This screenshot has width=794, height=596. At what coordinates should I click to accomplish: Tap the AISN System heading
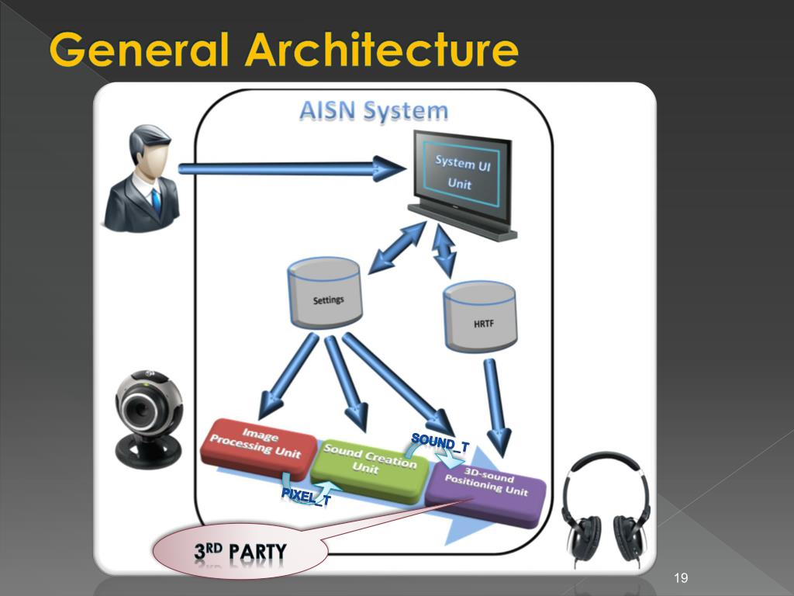click(374, 111)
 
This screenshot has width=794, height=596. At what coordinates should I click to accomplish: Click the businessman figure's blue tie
click(157, 201)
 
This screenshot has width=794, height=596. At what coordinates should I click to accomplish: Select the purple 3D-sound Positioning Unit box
click(487, 487)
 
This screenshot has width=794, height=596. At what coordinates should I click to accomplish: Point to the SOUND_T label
click(440, 442)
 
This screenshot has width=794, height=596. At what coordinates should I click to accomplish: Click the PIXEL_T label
click(306, 496)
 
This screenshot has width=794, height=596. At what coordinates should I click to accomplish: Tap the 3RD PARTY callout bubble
click(240, 552)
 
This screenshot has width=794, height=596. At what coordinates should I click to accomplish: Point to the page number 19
click(682, 577)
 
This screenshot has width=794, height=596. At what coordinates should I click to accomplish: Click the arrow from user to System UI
click(291, 168)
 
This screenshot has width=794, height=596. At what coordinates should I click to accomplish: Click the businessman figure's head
click(150, 151)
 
